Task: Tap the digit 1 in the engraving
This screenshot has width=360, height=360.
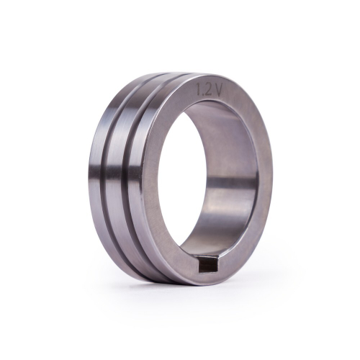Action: [x=199, y=91]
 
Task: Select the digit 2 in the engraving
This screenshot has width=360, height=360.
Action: [x=208, y=92]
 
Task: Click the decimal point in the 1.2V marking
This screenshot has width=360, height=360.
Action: [x=203, y=94]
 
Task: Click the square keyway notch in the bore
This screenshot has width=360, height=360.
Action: [x=206, y=269]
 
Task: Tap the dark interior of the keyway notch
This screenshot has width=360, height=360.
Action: [x=207, y=269]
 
